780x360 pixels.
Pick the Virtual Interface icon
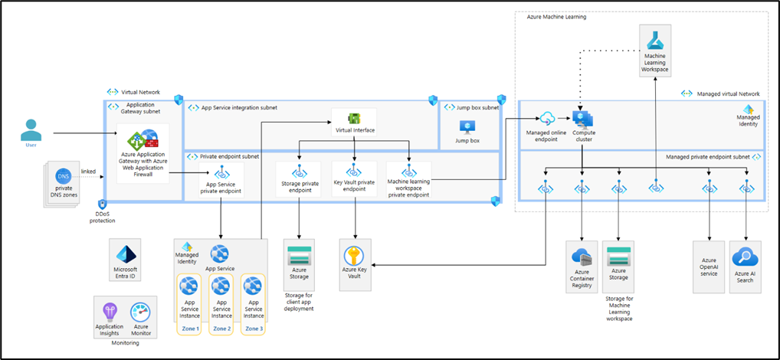click(354, 118)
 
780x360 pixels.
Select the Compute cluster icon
click(583, 118)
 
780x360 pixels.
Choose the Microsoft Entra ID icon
click(125, 254)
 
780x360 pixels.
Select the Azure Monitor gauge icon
click(140, 312)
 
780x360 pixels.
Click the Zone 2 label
click(221, 328)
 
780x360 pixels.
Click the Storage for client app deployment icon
click(298, 255)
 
